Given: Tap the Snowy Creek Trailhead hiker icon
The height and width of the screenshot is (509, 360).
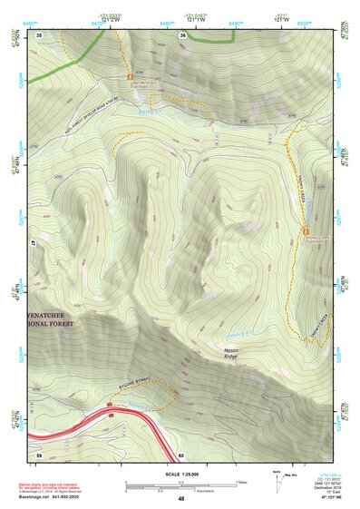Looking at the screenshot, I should click(303, 231).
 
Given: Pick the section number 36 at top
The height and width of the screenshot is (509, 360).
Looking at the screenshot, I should click(183, 35).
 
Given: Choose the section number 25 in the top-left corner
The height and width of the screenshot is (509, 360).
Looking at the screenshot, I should click(40, 34).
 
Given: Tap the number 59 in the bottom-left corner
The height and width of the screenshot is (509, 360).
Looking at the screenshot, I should click(39, 454).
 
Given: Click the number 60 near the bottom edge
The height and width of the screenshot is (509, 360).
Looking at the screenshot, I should click(181, 455).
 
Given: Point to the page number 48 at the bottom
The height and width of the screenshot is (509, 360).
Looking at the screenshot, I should click(180, 499).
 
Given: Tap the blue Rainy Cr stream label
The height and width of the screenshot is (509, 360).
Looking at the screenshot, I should click(149, 111).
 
